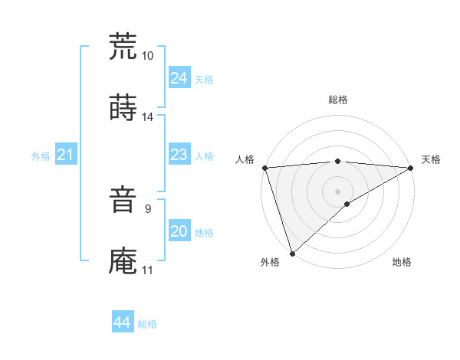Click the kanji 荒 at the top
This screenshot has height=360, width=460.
123,47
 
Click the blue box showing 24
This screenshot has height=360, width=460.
179,78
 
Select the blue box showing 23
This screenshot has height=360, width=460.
179,155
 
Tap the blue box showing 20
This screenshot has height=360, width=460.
179,231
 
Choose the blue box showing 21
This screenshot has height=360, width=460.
65,155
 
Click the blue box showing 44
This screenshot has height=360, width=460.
122,322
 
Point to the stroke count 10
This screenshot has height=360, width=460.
148,56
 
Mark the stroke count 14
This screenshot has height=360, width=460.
148,116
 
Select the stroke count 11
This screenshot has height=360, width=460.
148,270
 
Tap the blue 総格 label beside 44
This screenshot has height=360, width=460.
147,324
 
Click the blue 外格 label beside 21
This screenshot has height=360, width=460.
41,156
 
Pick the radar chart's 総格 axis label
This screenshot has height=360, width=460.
338,100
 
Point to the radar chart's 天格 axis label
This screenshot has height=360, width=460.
431,159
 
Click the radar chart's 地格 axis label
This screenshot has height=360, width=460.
402,262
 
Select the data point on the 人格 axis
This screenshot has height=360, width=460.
264,168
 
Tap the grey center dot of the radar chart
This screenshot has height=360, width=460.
338,191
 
